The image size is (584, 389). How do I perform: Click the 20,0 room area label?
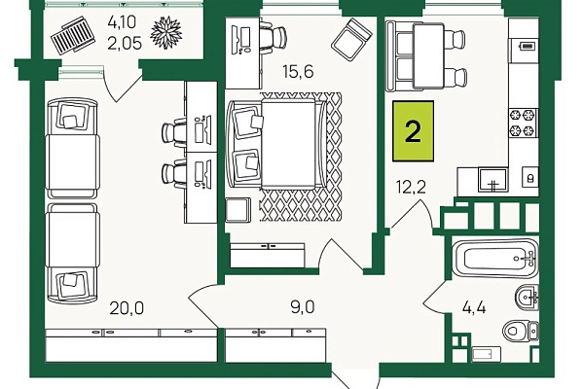pyautogui.click(x=127, y=308)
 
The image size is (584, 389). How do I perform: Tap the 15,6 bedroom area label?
pyautogui.click(x=298, y=71)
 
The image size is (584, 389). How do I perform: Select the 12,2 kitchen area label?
pyautogui.click(x=411, y=187)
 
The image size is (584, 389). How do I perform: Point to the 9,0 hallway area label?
pyautogui.click(x=303, y=307)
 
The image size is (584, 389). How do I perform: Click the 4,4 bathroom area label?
pyautogui.click(x=474, y=308)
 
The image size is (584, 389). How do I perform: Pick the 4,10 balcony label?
pyautogui.click(x=123, y=22)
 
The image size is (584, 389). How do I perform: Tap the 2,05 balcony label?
pyautogui.click(x=125, y=44)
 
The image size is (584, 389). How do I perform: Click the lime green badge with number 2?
pyautogui.click(x=413, y=131)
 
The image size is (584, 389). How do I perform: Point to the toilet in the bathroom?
pyautogui.click(x=521, y=330)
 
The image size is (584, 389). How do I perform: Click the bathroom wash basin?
pyautogui.click(x=527, y=297)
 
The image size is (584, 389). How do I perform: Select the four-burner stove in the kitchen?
pyautogui.click(x=524, y=123)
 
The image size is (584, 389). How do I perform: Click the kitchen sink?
pyautogui.click(x=493, y=180)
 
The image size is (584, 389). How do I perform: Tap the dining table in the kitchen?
pyautogui.click(x=428, y=55)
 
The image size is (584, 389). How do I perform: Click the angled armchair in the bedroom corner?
pyautogui.click(x=351, y=40)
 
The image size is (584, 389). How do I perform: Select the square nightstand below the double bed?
pyautogui.click(x=238, y=210)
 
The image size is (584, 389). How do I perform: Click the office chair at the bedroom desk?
pyautogui.click(x=274, y=37)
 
